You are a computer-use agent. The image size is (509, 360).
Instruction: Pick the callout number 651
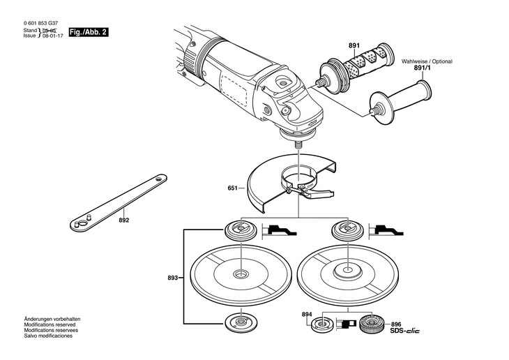(x=231, y=188)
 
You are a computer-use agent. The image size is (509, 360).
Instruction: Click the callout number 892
(x=124, y=220)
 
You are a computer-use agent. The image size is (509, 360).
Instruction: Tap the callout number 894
(x=307, y=315)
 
